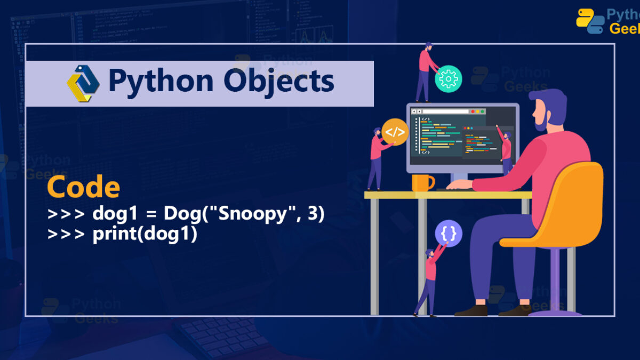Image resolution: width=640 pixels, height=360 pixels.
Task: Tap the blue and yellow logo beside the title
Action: tap(83, 83)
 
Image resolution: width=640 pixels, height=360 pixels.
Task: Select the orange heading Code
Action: tap(83, 187)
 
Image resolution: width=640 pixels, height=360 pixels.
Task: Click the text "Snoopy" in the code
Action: tap(253, 214)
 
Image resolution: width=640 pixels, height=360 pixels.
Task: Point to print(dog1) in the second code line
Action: tap(145, 234)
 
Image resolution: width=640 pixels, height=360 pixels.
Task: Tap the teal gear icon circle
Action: tap(449, 79)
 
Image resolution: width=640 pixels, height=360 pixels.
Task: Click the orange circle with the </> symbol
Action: tap(395, 132)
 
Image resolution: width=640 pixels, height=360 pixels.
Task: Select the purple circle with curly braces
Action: tap(449, 234)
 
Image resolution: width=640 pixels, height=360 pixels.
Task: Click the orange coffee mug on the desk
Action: tap(423, 183)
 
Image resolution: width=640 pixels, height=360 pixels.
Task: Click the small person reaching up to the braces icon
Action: tap(430, 282)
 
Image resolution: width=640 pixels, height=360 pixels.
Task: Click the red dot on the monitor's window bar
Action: tap(473, 111)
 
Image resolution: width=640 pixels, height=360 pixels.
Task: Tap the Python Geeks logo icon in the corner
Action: tap(590, 21)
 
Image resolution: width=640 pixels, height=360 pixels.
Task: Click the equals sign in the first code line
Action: tap(151, 214)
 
